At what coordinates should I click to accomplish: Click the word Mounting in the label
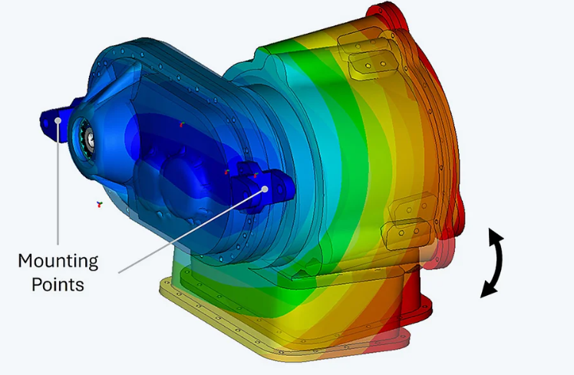[58, 262]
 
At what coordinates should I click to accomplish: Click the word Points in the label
[58, 285]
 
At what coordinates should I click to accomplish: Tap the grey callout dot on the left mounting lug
[58, 120]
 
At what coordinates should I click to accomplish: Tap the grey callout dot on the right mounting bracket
[265, 189]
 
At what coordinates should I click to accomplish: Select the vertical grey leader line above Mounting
[58, 183]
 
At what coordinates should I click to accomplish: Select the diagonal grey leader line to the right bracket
[190, 232]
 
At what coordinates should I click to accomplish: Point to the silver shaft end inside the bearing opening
[90, 140]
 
